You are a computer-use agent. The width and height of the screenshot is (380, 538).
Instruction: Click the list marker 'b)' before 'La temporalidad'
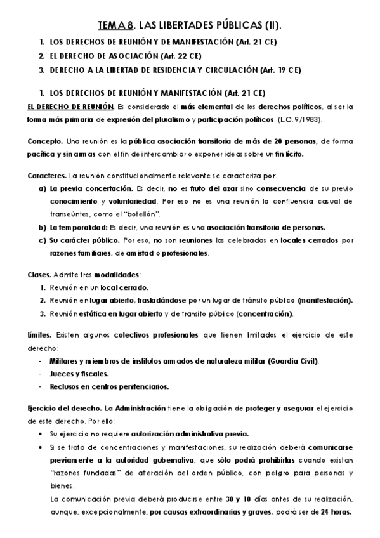pos(43,227)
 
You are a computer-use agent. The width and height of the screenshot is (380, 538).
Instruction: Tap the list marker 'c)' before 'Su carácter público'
pos(43,240)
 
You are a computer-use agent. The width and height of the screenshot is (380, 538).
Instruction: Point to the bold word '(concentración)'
pos(265,313)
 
